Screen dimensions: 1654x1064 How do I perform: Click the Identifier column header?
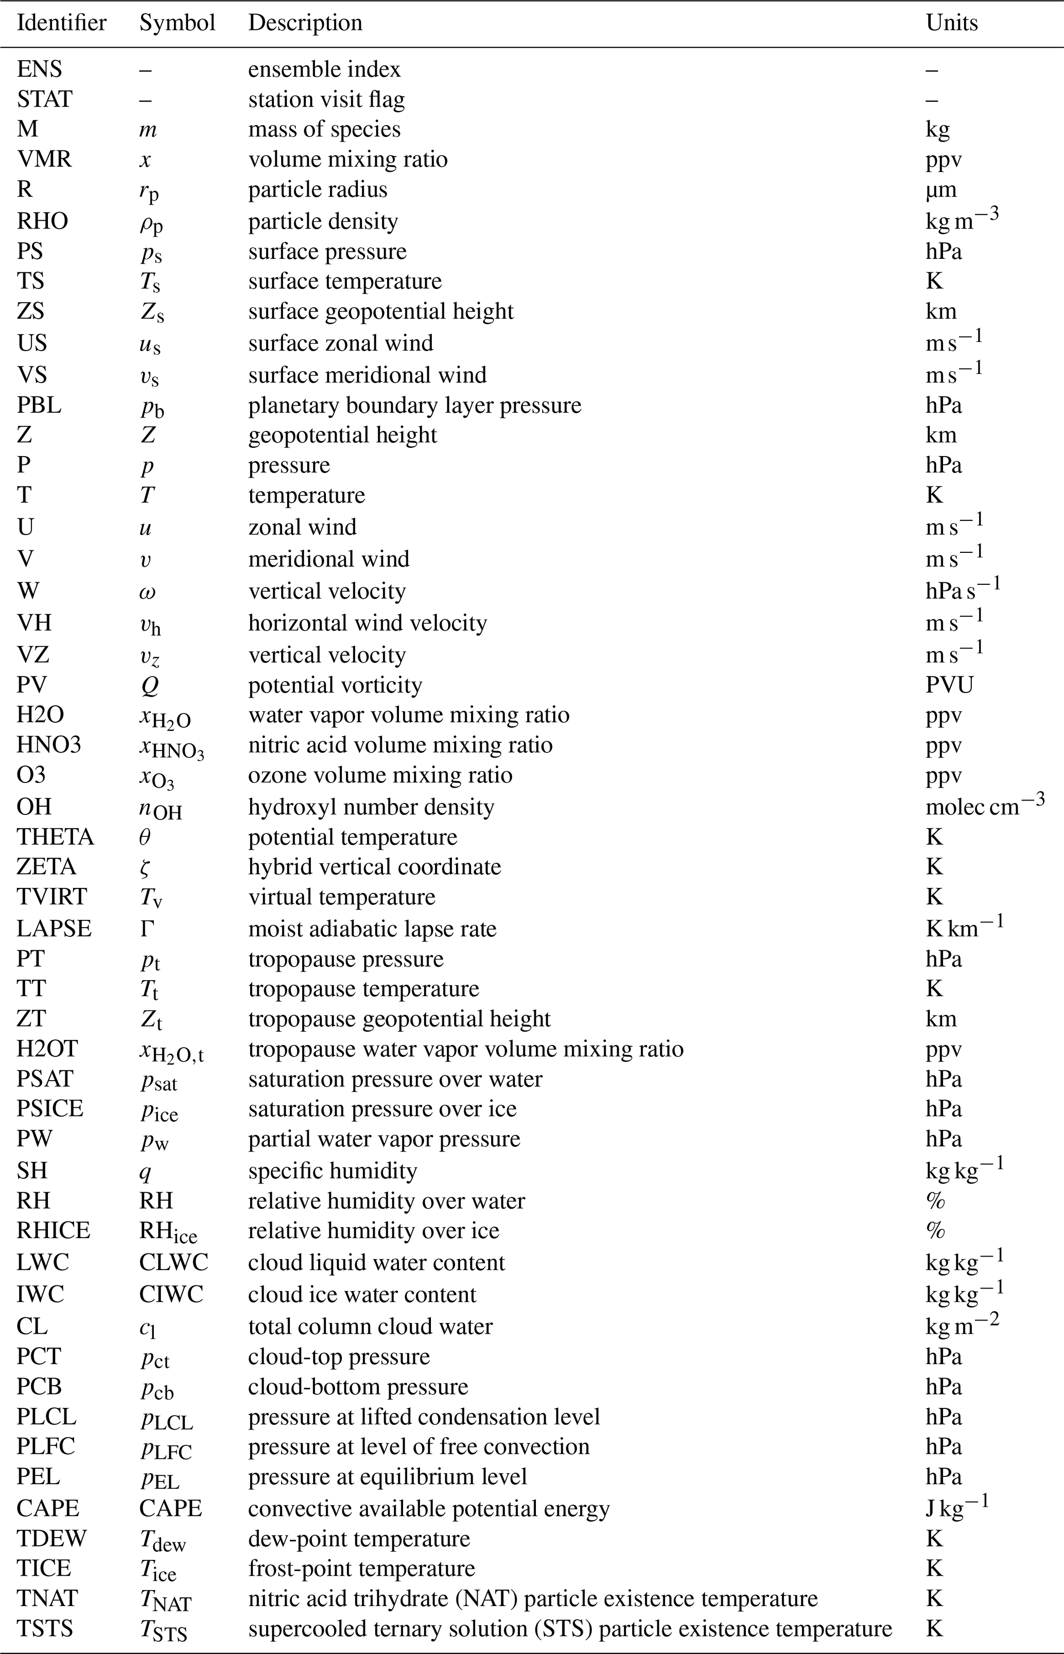[61, 23]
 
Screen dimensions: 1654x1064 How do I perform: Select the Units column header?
[951, 23]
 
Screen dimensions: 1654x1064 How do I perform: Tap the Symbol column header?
[177, 23]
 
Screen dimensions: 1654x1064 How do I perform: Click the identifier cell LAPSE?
[54, 928]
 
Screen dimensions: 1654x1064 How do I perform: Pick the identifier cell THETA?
[55, 837]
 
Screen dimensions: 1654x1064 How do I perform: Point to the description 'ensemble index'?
[324, 69]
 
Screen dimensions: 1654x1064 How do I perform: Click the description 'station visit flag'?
[326, 99]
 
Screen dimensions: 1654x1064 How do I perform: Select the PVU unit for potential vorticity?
[949, 685]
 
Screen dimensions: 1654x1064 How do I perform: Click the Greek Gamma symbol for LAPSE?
[147, 928]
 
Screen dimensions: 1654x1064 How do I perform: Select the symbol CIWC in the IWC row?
[171, 1294]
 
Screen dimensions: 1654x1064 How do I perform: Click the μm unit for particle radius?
[941, 190]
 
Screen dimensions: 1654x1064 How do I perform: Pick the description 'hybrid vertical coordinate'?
[374, 866]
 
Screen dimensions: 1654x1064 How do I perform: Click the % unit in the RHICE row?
[935, 1230]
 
